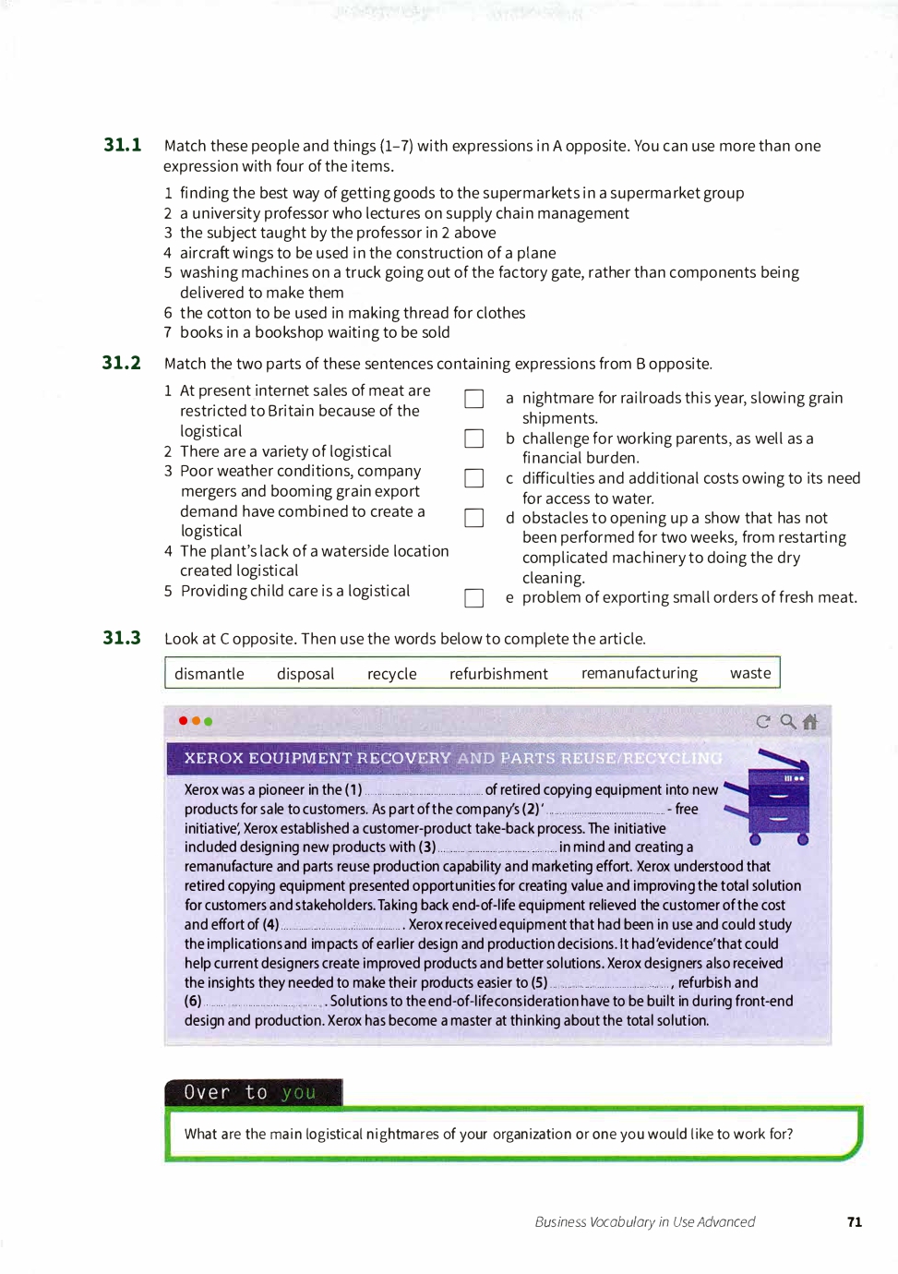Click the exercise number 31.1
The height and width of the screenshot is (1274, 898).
[x=123, y=145]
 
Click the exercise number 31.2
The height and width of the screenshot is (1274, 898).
[x=122, y=363]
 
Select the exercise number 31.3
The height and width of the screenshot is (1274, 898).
[x=122, y=638]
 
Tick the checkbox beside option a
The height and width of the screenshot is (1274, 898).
[x=474, y=399]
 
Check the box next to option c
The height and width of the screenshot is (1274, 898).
[x=474, y=478]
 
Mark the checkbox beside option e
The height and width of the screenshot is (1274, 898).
[x=474, y=598]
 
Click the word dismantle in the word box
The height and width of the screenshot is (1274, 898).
[x=210, y=674]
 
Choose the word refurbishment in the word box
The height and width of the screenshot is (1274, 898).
[x=498, y=674]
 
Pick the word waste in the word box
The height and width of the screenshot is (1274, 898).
[x=750, y=673]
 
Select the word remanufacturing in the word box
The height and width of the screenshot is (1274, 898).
[x=640, y=673]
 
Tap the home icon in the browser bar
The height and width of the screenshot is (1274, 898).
[x=810, y=722]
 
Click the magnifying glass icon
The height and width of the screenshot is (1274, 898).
[x=787, y=721]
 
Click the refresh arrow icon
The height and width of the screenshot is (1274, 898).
[x=762, y=722]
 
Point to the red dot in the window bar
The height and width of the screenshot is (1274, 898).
[x=184, y=721]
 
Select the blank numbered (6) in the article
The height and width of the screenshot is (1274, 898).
[x=263, y=1003]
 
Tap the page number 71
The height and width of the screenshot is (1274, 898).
[x=855, y=1222]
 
